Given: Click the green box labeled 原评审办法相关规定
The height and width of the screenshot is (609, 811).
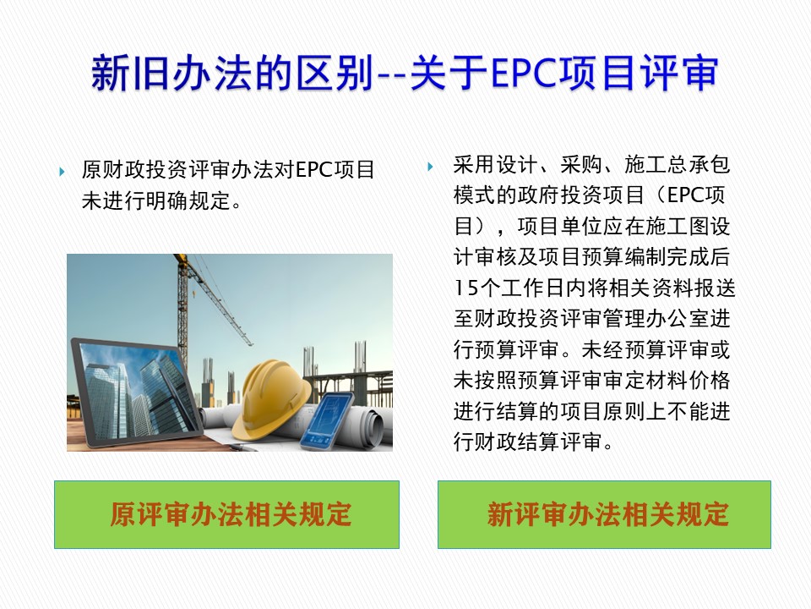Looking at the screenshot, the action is pyautogui.click(x=226, y=514).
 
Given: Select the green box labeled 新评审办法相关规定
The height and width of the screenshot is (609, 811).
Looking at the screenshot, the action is pyautogui.click(x=604, y=514).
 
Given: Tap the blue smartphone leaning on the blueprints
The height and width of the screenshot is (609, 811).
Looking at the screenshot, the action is pyautogui.click(x=327, y=421).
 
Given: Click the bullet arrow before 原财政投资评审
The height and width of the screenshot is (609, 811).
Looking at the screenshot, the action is pyautogui.click(x=62, y=172).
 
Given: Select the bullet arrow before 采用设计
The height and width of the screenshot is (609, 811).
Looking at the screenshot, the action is pyautogui.click(x=430, y=167).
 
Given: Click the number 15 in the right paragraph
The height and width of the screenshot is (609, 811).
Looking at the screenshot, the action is pyautogui.click(x=466, y=288).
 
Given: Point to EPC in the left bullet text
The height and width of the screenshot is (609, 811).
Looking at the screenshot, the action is pyautogui.click(x=314, y=170).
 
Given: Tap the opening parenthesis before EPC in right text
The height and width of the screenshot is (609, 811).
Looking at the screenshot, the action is pyautogui.click(x=658, y=195).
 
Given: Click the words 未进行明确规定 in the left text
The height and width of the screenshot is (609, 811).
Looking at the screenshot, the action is pyautogui.click(x=155, y=201).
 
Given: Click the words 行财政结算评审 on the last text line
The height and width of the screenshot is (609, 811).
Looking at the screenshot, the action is pyautogui.click(x=527, y=442).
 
